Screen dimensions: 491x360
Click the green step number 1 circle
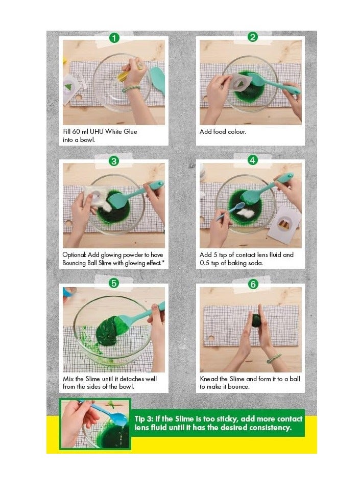(x=114, y=37)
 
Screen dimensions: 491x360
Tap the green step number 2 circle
(x=252, y=37)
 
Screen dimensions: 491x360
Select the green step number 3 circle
(x=114, y=161)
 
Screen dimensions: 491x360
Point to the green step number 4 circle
(x=252, y=160)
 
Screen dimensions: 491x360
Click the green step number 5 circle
(x=114, y=283)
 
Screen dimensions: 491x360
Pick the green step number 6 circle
(x=253, y=284)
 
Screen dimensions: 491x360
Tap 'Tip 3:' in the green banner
(x=146, y=418)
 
